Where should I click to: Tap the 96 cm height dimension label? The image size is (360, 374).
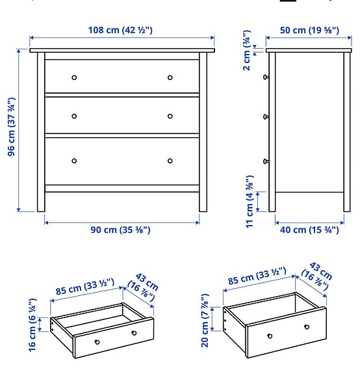[x=11, y=127]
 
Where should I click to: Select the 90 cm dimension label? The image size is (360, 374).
[x=121, y=230]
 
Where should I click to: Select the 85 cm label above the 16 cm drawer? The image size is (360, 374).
[x=84, y=284]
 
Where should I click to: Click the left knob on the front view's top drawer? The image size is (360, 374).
[x=74, y=77]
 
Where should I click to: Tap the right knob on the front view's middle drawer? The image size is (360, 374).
[x=170, y=116]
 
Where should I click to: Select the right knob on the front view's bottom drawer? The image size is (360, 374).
[x=170, y=161]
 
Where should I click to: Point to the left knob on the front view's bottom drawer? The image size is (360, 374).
[x=74, y=161]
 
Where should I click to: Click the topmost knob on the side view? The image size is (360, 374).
[x=266, y=77]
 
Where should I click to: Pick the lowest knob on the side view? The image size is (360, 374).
[x=266, y=161]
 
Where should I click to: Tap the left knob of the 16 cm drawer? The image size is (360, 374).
[x=97, y=342]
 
